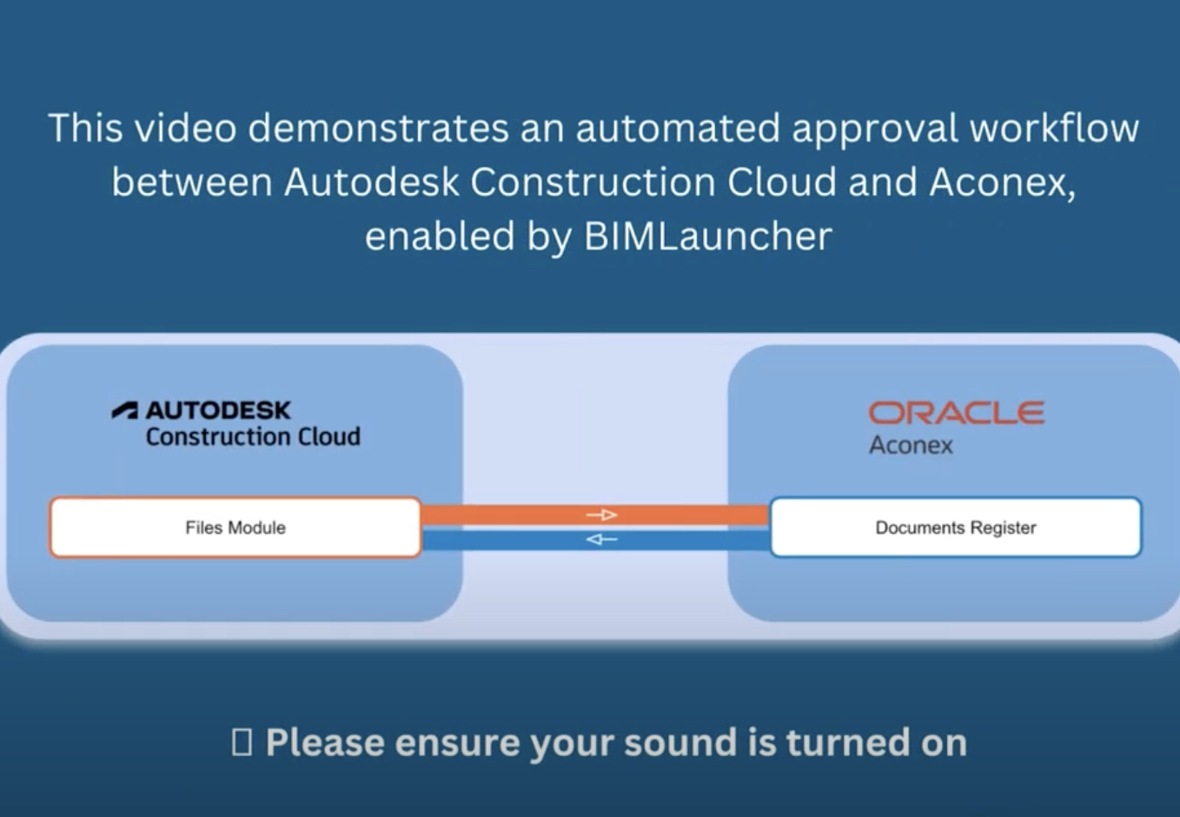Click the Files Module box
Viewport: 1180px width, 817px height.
click(235, 528)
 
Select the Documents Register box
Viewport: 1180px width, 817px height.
click(955, 528)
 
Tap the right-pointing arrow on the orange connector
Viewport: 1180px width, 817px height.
click(601, 515)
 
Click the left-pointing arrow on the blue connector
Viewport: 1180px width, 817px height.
click(601, 540)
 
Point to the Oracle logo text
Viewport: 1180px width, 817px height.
click(957, 413)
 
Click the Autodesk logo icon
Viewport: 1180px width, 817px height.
click(125, 410)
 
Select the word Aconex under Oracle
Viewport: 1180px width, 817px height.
click(911, 446)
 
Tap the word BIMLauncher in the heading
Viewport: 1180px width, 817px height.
click(708, 236)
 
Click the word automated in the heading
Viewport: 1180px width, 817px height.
click(678, 129)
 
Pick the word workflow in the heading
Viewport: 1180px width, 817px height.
click(1054, 129)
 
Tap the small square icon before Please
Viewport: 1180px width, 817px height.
click(242, 742)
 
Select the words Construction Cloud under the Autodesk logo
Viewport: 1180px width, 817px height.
click(253, 436)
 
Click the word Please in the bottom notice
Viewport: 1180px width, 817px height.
click(325, 743)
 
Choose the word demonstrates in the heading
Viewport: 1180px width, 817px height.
click(379, 129)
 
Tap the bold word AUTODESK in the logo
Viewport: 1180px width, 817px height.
click(218, 410)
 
